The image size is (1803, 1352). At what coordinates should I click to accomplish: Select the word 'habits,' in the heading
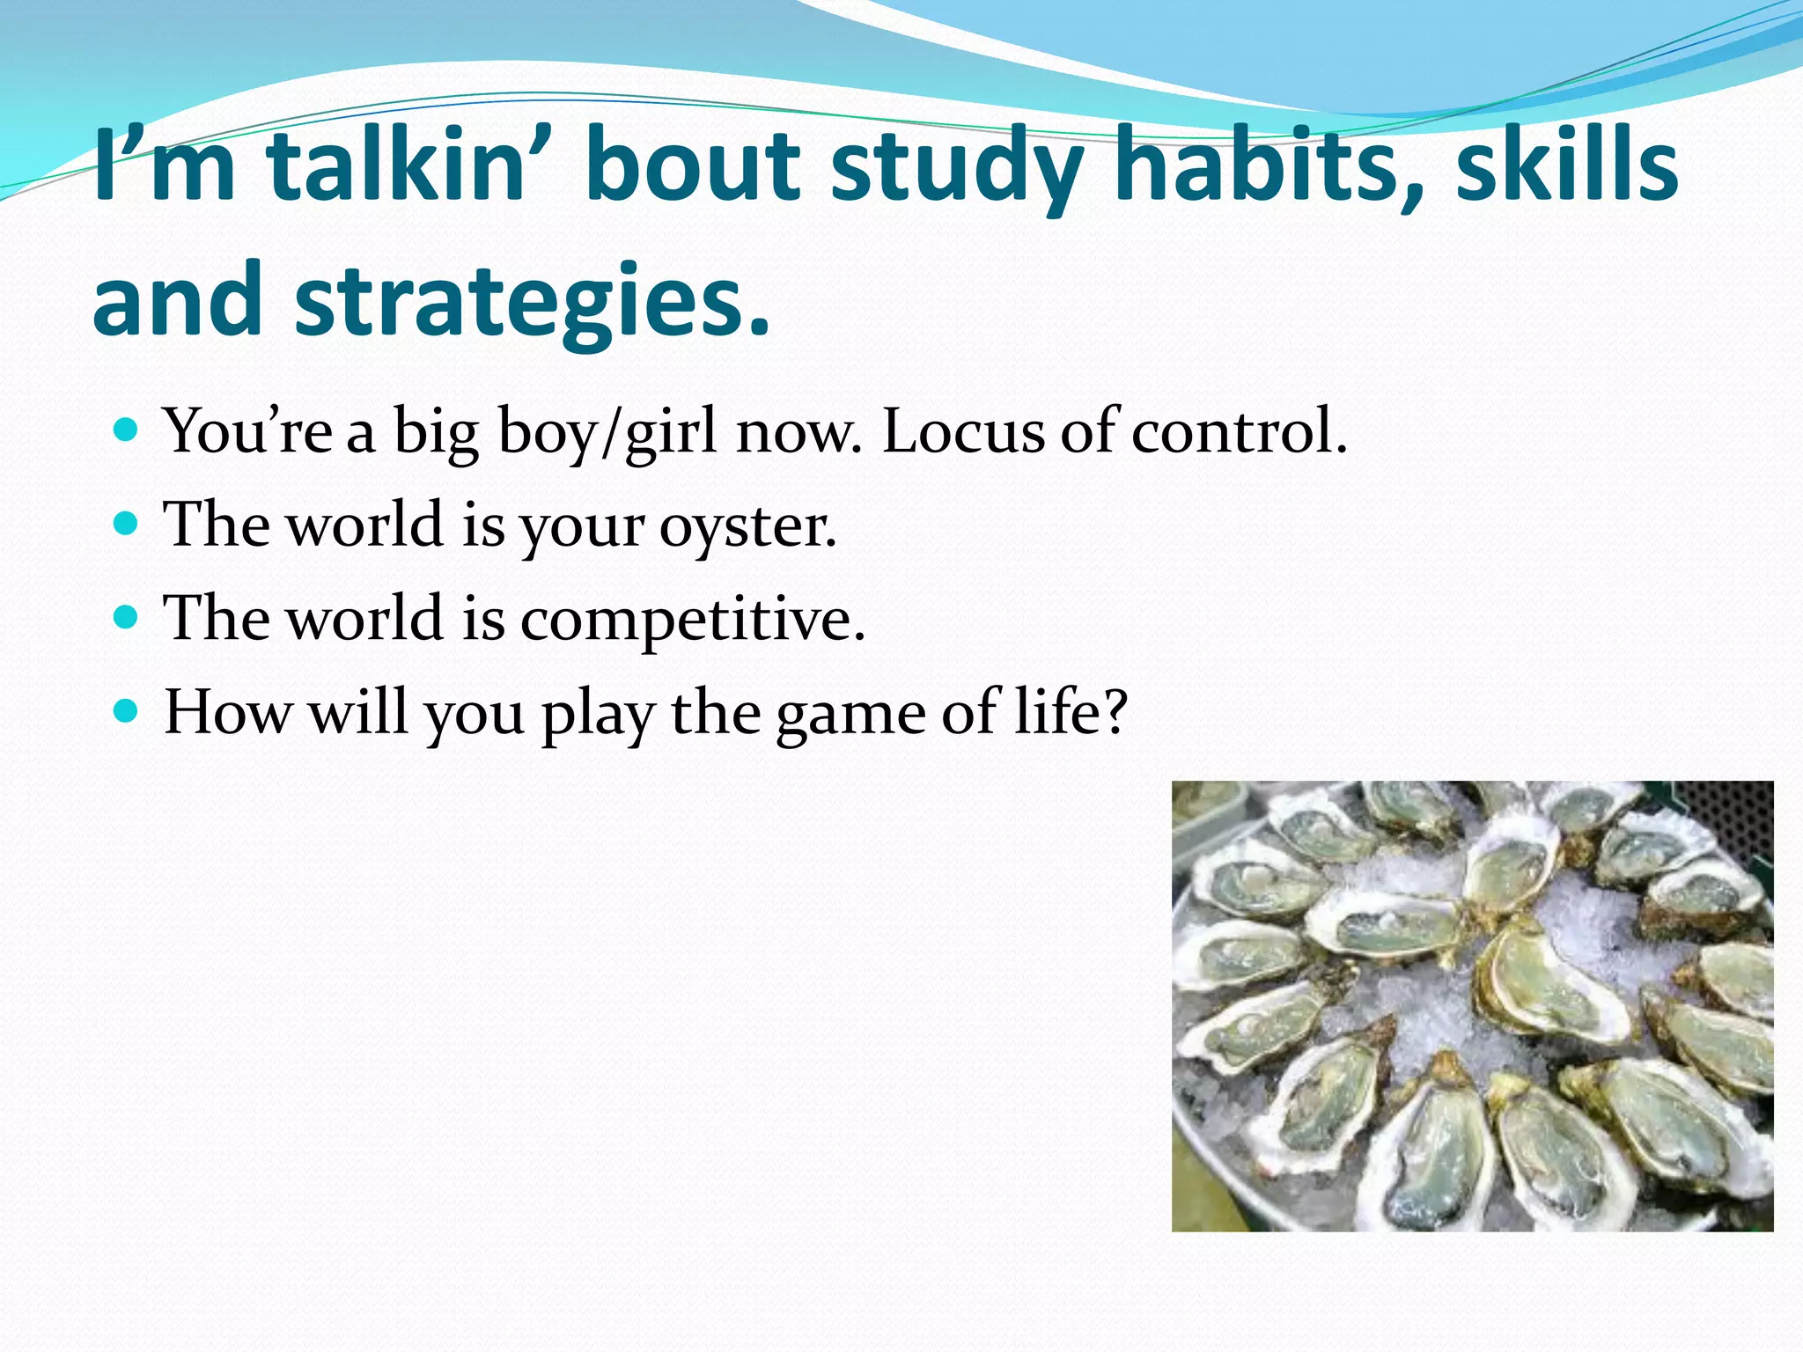pyautogui.click(x=1269, y=165)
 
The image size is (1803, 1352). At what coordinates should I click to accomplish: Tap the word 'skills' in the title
pyautogui.click(x=1566, y=165)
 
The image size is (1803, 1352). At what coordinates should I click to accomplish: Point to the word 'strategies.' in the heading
pyautogui.click(x=532, y=299)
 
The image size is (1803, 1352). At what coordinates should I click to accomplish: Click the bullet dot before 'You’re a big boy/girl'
pyautogui.click(x=127, y=431)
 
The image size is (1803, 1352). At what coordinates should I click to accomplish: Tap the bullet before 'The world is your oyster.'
pyautogui.click(x=127, y=525)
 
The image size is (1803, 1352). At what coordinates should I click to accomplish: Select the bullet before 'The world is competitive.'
pyautogui.click(x=127, y=618)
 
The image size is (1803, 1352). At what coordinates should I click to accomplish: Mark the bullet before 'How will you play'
pyautogui.click(x=127, y=711)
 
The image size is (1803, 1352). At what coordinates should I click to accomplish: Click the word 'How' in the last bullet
pyautogui.click(x=228, y=711)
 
